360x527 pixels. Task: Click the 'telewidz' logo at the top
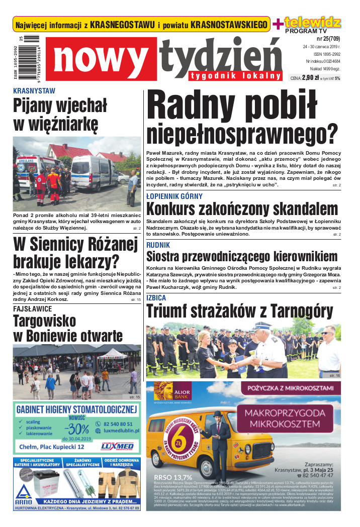[x=312, y=23]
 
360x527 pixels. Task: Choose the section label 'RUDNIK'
[x=158, y=245]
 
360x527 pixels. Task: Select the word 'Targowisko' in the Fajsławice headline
[x=45, y=320]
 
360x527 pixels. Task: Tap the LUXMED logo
[x=117, y=446]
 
